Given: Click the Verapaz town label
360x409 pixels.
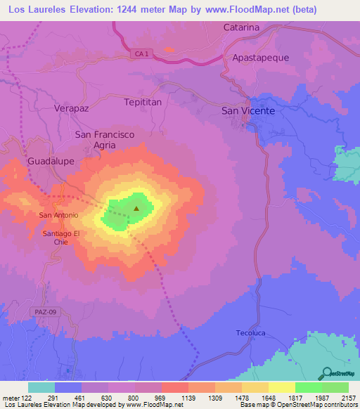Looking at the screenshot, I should (73, 108).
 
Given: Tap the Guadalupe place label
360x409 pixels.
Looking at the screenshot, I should (51, 161).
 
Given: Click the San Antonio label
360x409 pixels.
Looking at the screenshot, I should (58, 215).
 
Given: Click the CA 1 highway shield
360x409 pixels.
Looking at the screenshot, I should (143, 55).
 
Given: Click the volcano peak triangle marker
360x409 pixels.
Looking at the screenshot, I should (136, 208).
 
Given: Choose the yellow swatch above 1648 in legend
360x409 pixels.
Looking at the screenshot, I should (255, 387).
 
